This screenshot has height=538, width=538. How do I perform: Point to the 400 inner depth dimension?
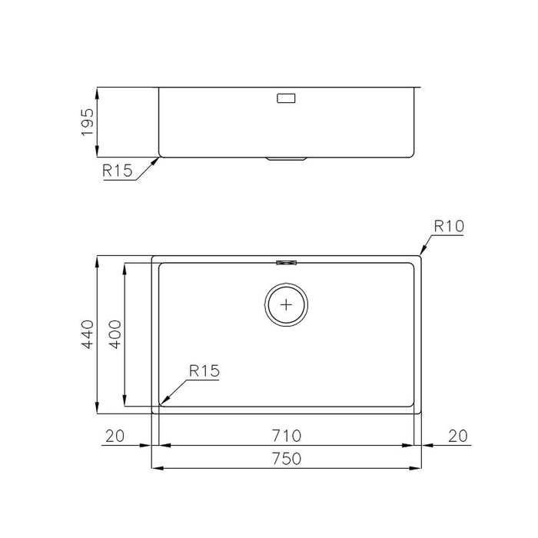point(115,334)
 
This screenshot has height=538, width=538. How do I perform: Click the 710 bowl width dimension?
point(285,436)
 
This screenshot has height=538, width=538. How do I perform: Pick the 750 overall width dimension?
point(285,459)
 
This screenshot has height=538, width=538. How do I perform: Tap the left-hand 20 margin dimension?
point(115,436)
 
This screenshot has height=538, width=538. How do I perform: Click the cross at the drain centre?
point(287,304)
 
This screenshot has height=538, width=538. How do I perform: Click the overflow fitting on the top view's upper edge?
point(287,261)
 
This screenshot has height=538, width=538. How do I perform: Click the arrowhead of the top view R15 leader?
point(162,402)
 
